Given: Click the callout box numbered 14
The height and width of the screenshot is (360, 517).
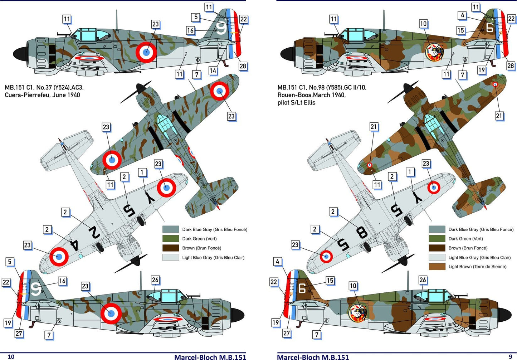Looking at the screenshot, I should [213, 70].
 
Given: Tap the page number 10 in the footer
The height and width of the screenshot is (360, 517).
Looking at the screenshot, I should [11, 356].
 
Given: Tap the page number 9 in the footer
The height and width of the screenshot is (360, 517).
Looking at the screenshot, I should [510, 356].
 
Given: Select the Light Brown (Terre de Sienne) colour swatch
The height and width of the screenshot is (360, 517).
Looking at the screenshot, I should [437, 267].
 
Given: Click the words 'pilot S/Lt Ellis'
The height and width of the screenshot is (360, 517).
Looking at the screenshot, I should [296, 102].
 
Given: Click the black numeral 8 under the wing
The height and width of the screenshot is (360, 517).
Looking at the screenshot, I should [361, 233].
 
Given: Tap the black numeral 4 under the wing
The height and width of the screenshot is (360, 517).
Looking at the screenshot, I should [73, 244].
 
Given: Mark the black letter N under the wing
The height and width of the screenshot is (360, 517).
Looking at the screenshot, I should [94, 233].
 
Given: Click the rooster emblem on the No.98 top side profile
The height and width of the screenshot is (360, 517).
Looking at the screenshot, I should [434, 52].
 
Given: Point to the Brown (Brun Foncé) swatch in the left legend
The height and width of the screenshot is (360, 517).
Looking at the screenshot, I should [170, 248].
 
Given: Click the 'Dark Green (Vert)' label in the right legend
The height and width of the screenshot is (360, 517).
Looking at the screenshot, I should [465, 239].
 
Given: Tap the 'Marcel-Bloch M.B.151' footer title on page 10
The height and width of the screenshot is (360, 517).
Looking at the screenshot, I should [210, 356].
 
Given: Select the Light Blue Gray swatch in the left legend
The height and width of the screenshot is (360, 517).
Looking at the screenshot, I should [170, 257].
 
